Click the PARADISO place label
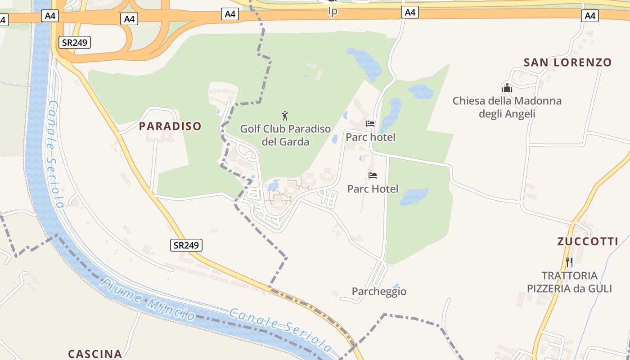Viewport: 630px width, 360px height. pos(170,126)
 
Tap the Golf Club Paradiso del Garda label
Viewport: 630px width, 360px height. pos(285,135)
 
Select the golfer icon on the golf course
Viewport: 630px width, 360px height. pos(284,116)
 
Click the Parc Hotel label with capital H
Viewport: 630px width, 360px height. pos(373,189)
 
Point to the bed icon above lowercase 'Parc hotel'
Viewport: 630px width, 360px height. pos(370,123)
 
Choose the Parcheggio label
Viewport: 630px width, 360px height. pos(379,292)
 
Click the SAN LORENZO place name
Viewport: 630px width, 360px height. pos(568,63)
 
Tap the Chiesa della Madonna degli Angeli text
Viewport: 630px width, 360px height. pos(507,107)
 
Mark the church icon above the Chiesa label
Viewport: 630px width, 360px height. pos(507,88)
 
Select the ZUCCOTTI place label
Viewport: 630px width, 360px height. pos(588,242)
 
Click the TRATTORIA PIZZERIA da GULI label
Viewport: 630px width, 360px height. pos(569,282)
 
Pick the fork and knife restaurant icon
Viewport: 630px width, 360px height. pos(569,262)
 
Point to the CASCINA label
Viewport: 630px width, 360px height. pos(95,354)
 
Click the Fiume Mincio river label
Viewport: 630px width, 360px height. pos(148,299)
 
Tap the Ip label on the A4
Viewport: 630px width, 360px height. pos(333,11)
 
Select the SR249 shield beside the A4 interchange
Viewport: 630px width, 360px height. pos(75,43)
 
